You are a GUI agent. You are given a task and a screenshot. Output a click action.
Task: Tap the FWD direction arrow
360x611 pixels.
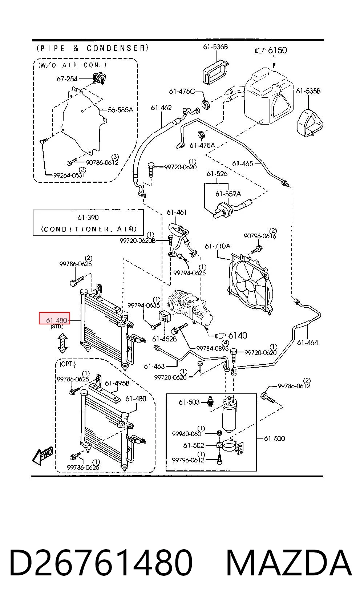43,456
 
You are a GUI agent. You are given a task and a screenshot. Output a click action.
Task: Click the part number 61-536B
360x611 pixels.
215,47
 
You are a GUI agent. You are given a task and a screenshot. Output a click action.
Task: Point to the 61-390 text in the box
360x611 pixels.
88,217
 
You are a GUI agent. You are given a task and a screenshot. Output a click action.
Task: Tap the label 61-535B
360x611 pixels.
308,91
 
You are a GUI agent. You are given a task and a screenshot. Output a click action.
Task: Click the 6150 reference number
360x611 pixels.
278,50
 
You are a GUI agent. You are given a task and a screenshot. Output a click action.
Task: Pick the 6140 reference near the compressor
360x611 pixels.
238,335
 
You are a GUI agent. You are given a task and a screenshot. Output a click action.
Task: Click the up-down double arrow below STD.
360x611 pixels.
62,343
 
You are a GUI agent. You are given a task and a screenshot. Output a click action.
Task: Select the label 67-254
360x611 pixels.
67,79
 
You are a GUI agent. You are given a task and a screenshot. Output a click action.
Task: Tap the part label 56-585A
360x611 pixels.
121,110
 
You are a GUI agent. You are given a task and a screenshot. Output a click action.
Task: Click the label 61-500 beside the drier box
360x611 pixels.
274,438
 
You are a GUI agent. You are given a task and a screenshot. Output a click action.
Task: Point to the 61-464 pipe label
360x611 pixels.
307,343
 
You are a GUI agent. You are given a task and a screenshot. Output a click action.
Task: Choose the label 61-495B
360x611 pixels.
117,383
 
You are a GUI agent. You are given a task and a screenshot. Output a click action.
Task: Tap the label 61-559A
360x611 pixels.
228,194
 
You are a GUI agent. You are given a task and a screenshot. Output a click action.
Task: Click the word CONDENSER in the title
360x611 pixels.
118,48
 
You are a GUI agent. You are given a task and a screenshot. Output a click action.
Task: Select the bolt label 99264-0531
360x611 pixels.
69,175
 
